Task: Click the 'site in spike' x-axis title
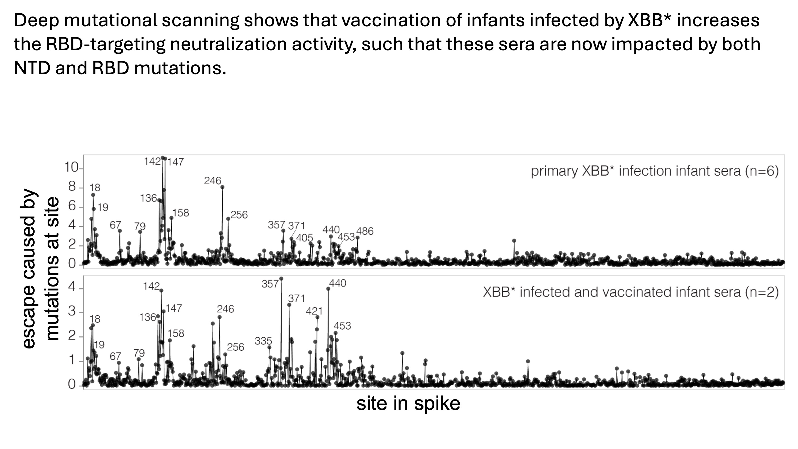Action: coord(408,404)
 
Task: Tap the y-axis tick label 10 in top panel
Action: coord(71,168)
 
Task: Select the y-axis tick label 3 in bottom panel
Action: coord(72,311)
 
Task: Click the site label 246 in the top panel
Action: coord(213,181)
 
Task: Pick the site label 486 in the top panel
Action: coord(365,231)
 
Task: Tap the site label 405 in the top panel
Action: coord(305,238)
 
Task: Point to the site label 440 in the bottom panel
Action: coord(337,283)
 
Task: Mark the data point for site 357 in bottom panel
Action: coord(281,278)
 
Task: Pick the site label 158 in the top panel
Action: coord(181,213)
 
